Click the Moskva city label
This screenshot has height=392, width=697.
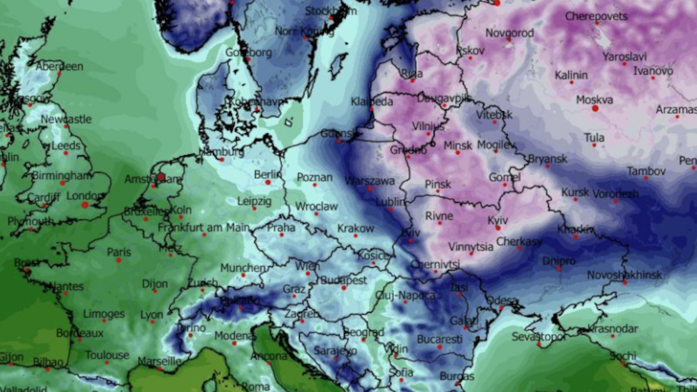click(594, 100)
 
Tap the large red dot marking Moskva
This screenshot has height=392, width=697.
click(595, 108)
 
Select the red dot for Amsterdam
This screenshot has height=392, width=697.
click(161, 176)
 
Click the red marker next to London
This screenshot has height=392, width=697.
click(85, 205)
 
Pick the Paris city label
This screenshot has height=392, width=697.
click(119, 252)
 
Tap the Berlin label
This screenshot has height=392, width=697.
click(268, 175)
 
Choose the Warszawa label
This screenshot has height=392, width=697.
click(370, 181)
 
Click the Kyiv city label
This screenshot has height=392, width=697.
click(498, 220)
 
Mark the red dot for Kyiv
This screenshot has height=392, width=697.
click(498, 228)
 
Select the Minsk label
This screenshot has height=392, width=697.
click(458, 145)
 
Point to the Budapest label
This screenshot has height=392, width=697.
click(344, 280)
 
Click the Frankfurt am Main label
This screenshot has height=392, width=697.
click(204, 228)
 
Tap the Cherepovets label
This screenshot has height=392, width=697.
click(596, 16)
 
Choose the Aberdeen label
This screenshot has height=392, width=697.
click(59, 66)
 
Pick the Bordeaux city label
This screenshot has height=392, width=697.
click(80, 333)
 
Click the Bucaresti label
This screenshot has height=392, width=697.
click(440, 340)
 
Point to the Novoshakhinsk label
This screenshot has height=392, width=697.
click(624, 275)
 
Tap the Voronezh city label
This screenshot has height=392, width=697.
click(616, 194)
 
